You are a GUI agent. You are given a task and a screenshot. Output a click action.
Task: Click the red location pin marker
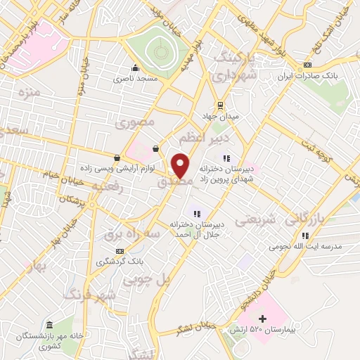[181, 166]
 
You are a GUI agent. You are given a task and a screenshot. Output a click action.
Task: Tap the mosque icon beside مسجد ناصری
[134, 68]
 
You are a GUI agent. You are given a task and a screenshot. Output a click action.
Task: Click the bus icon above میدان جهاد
[221, 105]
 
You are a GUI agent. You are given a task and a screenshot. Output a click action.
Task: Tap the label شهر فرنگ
[89, 296]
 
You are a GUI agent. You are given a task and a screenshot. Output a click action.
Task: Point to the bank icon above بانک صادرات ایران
[307, 65]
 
